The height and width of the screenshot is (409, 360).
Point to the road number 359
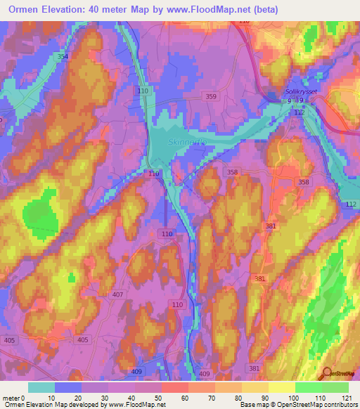[x=212, y=96]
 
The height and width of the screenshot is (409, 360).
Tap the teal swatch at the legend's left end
[x=41, y=387]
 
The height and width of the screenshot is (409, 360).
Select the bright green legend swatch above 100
[x=309, y=387]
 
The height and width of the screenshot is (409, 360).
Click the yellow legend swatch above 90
[x=282, y=387]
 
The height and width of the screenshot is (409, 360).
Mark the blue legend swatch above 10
[x=68, y=387]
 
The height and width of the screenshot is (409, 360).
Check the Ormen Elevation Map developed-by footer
[x=84, y=405]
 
